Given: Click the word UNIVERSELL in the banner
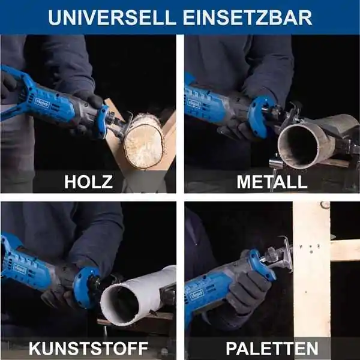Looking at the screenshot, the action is (112, 17).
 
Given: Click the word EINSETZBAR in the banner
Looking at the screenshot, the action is (247, 17).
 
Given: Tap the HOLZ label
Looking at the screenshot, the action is (88, 182).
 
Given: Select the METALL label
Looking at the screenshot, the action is (272, 182).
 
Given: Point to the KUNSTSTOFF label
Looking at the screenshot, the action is (88, 349).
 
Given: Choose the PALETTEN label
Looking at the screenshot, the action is (272, 349).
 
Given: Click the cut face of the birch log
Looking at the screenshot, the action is (144, 145).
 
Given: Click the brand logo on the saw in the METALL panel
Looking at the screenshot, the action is (194, 103).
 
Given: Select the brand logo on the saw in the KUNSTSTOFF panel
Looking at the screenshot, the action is (20, 269).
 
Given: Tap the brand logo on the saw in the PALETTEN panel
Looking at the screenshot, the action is (197, 295).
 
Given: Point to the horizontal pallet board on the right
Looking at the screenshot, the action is (346, 250).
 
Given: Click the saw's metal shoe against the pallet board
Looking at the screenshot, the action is (287, 254).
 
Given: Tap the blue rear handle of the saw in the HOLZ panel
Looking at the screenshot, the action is (16, 92).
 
